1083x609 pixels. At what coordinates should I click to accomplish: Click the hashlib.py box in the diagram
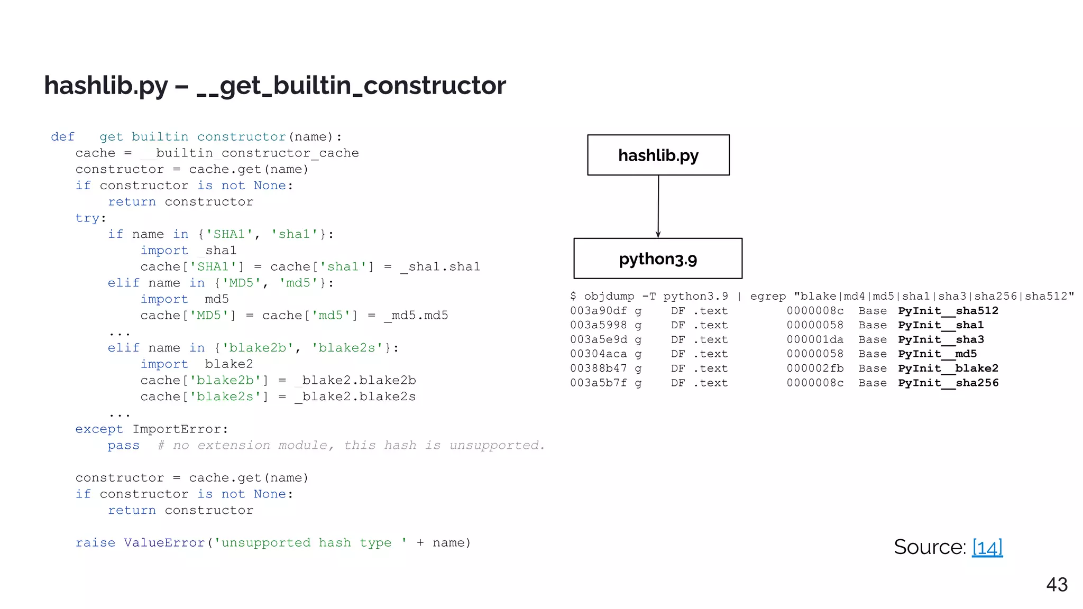point(658,155)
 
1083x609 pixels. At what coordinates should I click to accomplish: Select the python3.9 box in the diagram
point(658,259)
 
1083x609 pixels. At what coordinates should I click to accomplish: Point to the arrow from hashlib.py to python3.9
point(658,206)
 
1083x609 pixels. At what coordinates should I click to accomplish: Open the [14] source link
point(987,547)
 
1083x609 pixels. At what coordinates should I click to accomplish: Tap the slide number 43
point(1057,585)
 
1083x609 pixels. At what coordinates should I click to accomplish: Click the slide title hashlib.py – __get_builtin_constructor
point(275,86)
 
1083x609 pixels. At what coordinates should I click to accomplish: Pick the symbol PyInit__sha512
point(948,311)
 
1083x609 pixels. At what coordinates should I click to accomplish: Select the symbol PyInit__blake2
point(948,368)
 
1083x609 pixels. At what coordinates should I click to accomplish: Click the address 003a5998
point(598,325)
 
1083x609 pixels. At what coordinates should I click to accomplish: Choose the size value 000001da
point(815,339)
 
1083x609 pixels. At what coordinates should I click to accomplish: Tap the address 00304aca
point(598,354)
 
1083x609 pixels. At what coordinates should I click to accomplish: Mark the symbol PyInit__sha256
point(948,383)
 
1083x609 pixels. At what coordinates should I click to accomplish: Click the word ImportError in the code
point(180,429)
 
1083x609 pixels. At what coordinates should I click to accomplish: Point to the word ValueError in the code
point(164,543)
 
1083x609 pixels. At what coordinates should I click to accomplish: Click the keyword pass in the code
point(124,446)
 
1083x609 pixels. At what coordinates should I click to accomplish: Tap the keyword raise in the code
point(95,543)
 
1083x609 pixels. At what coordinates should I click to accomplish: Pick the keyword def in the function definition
point(62,137)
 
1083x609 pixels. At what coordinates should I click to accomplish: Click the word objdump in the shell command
point(609,296)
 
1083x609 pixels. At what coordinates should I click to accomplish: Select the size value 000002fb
point(815,368)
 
